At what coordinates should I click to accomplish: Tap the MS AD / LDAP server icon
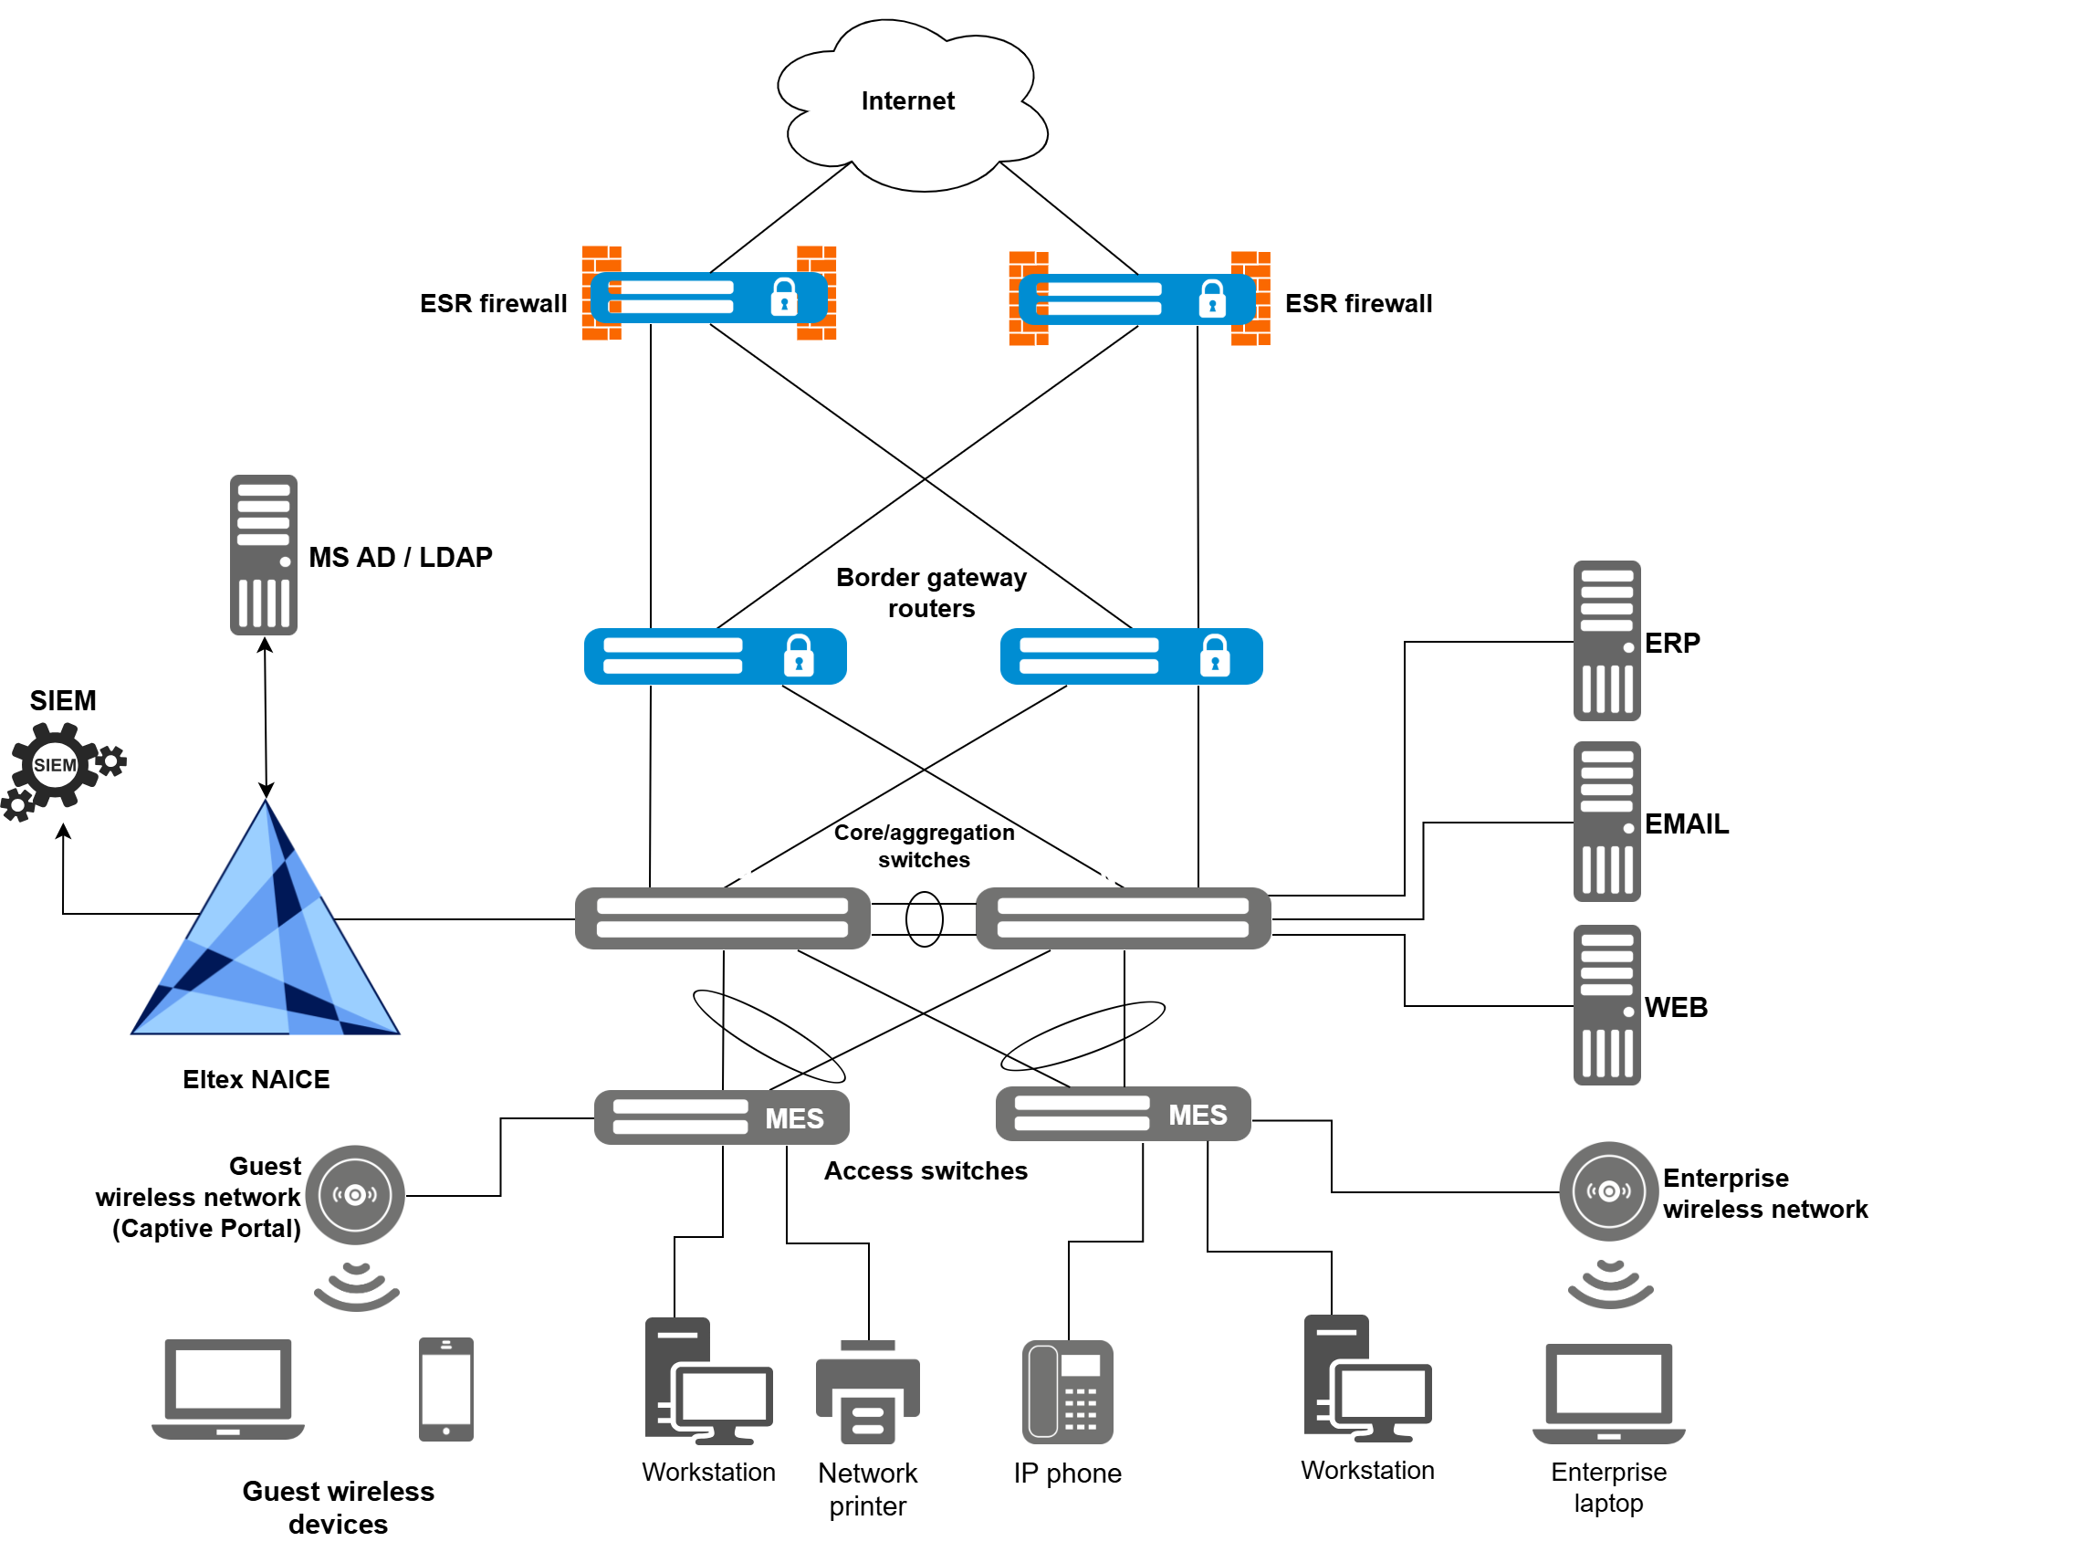264,554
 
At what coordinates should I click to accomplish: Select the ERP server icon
1606,641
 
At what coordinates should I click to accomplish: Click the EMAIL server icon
1606,821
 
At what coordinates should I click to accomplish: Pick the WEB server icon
1606,1004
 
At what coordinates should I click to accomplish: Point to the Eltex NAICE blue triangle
266,939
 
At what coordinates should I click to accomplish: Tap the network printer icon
868,1392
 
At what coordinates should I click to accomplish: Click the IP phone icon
1067,1391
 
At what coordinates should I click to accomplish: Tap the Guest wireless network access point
355,1194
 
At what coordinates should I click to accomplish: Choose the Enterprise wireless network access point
1608,1191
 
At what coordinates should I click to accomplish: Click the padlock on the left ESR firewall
784,297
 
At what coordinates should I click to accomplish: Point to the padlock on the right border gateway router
1215,655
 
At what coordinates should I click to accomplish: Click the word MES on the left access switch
794,1118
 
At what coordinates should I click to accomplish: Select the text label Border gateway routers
931,592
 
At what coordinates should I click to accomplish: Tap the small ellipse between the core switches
925,918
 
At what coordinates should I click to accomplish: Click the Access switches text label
926,1170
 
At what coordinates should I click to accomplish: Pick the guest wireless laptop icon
228,1389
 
